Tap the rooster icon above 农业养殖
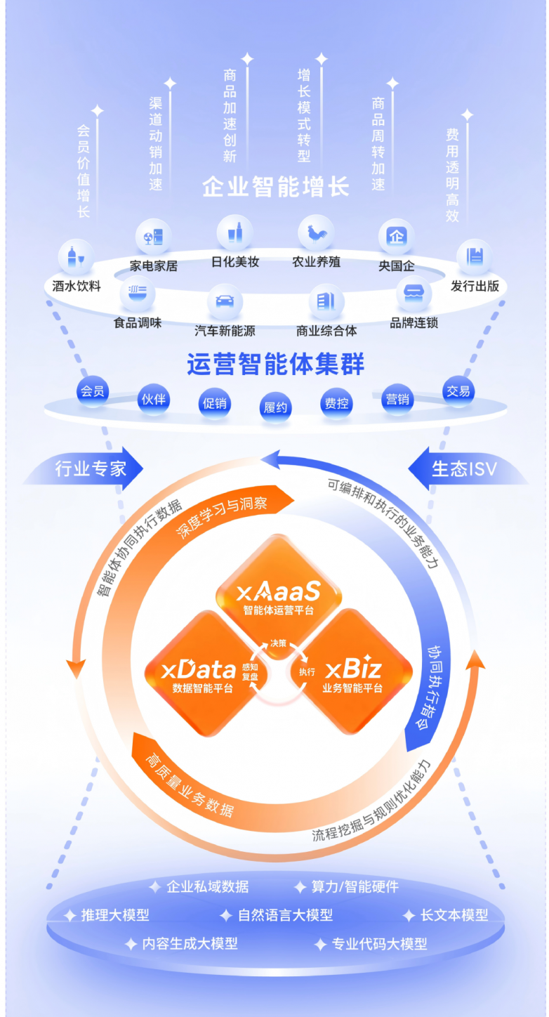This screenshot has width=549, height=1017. (316, 232)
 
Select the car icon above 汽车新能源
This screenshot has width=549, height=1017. (225, 301)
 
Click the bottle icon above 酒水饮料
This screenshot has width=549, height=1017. (77, 257)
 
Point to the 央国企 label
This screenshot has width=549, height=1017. (397, 267)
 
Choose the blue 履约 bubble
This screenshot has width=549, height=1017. (275, 407)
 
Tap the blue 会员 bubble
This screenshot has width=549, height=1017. (93, 391)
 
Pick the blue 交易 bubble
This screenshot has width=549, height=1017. (458, 391)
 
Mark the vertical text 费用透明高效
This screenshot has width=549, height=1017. (453, 176)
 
